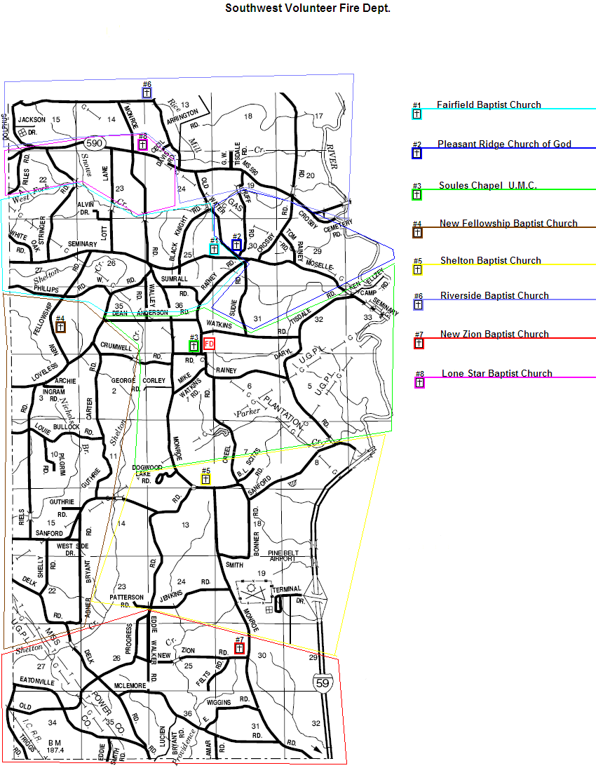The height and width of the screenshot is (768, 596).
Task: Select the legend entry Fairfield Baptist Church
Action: pos(489,105)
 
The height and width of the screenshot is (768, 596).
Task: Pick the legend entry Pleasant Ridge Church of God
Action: pos(504,144)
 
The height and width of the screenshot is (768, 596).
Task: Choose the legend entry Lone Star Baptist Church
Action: pos(496,374)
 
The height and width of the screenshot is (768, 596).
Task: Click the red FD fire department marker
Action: pos(208,344)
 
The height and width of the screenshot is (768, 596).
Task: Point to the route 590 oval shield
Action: pos(95,144)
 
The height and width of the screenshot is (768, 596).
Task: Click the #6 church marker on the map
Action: pos(147,92)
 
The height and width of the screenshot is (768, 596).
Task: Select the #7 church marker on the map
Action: pos(239,649)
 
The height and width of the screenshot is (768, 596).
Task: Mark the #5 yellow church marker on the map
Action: pos(205,479)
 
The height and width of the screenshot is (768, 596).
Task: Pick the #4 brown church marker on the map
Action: pos(61,327)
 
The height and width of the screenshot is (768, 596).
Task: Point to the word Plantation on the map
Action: pos(283,414)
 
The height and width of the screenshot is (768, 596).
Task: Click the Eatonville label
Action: pos(36,681)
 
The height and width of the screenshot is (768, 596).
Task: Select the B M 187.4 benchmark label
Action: pos(55,746)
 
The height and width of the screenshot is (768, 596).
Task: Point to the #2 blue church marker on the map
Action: pos(236,245)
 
